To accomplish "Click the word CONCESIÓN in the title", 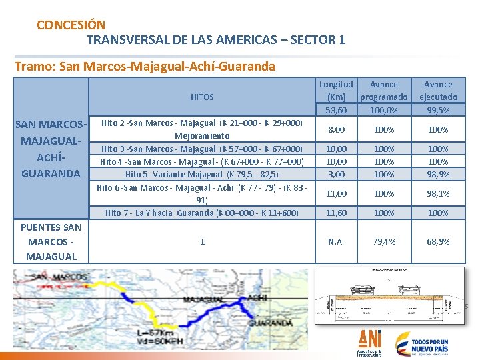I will [x=71, y=25].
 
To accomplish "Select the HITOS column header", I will [x=202, y=97].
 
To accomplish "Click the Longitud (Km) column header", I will [x=336, y=91].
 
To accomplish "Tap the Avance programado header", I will [x=383, y=91].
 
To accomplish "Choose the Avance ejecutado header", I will [x=438, y=91].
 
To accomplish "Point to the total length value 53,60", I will [x=336, y=110].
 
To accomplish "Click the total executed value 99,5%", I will [x=438, y=110].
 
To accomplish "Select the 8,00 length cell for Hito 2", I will [x=336, y=129].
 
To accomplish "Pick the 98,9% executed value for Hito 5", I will [x=438, y=174].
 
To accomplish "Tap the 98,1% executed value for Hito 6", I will [x=438, y=193].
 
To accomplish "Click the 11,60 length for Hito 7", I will [x=336, y=213].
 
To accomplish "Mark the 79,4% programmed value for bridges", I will [x=383, y=241].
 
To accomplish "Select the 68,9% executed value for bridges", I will [x=438, y=241].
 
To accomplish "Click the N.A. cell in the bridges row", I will [x=336, y=241].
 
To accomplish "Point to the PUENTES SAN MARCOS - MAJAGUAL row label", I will [x=51, y=241].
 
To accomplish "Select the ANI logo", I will [x=370, y=341].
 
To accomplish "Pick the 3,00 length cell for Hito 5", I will [x=336, y=174].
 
